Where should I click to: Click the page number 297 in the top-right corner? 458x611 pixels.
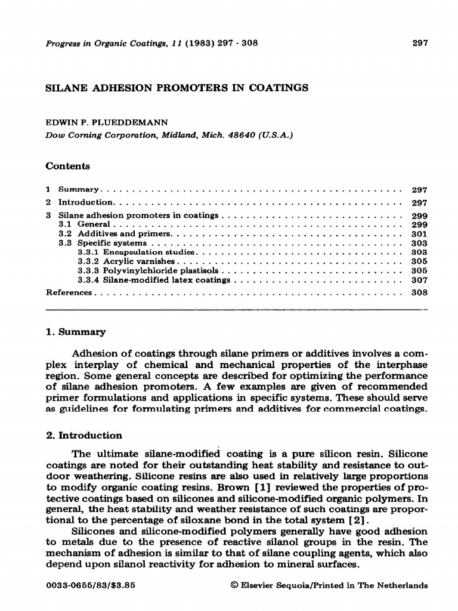[x=420, y=43]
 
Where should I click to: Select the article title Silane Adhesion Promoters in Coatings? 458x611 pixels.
[x=177, y=88]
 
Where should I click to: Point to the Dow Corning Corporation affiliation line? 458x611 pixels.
[x=169, y=135]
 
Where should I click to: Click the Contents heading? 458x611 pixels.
[x=68, y=166]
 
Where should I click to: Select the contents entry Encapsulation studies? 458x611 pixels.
[x=129, y=252]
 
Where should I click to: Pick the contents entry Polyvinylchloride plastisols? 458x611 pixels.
[x=146, y=270]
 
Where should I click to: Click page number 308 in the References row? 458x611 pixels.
[x=420, y=293]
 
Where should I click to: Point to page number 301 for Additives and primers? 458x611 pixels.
[x=420, y=234]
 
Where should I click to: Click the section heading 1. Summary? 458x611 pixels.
[x=76, y=332]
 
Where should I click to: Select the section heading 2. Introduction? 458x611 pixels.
[x=84, y=435]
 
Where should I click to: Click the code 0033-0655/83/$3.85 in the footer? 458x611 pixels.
[x=91, y=585]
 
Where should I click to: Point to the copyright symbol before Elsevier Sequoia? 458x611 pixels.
[x=234, y=585]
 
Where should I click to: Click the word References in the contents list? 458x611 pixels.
[x=69, y=293]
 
